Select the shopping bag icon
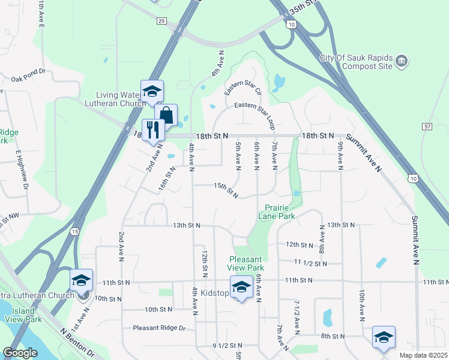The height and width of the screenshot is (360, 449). (166, 115)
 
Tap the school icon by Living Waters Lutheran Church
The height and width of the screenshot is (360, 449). (152, 91)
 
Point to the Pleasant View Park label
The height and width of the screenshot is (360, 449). (246, 263)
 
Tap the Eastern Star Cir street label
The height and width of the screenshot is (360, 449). (243, 89)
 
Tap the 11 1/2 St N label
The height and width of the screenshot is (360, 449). (311, 263)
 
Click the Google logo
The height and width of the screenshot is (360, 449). (20, 353)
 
